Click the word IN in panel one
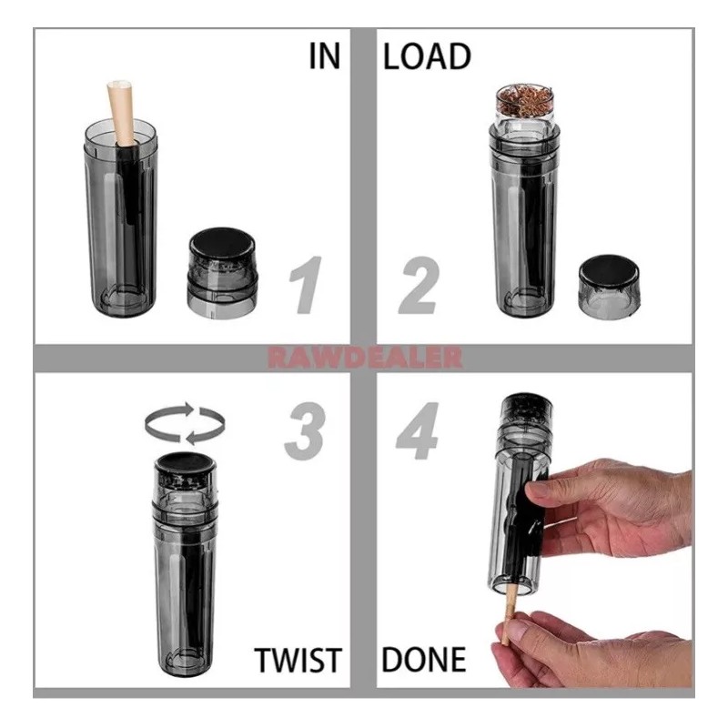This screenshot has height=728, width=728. click(x=323, y=56)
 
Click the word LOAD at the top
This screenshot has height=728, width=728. click(x=427, y=56)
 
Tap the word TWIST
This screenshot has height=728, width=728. click(x=298, y=659)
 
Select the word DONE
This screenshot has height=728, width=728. click(x=423, y=659)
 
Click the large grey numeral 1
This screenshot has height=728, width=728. click(x=305, y=284)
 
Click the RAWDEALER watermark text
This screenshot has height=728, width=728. click(x=364, y=357)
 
